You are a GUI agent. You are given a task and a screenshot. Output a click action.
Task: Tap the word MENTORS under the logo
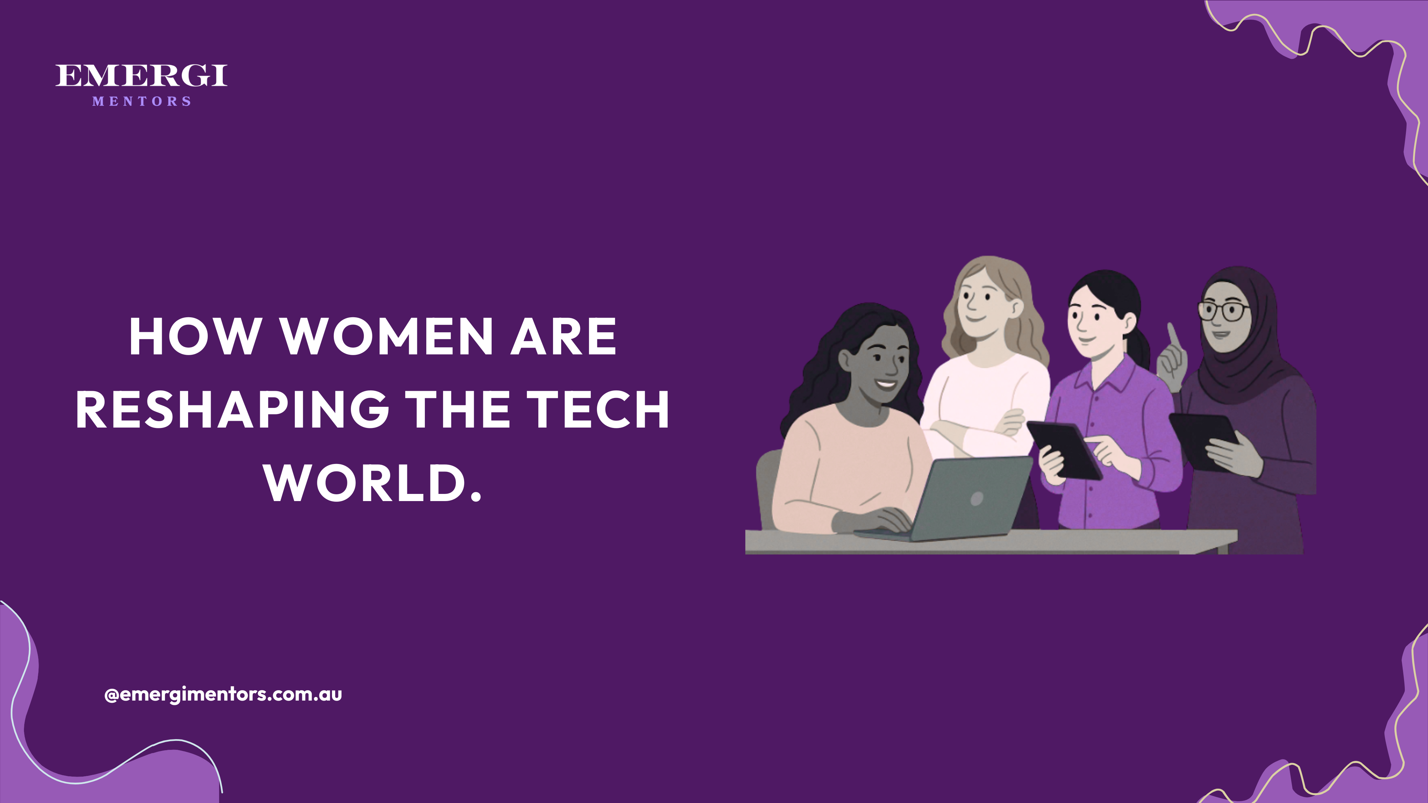[x=142, y=101]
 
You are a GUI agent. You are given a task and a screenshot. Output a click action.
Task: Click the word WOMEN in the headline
[x=388, y=337]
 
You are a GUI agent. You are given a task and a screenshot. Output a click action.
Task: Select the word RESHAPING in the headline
[x=232, y=410]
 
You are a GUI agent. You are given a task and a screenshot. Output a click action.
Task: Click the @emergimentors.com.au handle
[x=223, y=695]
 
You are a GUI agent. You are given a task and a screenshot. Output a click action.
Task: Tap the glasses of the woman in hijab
[x=1224, y=311]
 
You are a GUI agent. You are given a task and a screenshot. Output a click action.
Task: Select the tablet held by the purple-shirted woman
[x=1064, y=449]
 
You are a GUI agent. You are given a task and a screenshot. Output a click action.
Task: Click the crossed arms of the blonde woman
[x=981, y=427]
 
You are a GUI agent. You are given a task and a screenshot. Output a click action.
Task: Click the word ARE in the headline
[x=563, y=337]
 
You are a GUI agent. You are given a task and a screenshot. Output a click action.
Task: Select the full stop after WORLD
[x=476, y=496]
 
